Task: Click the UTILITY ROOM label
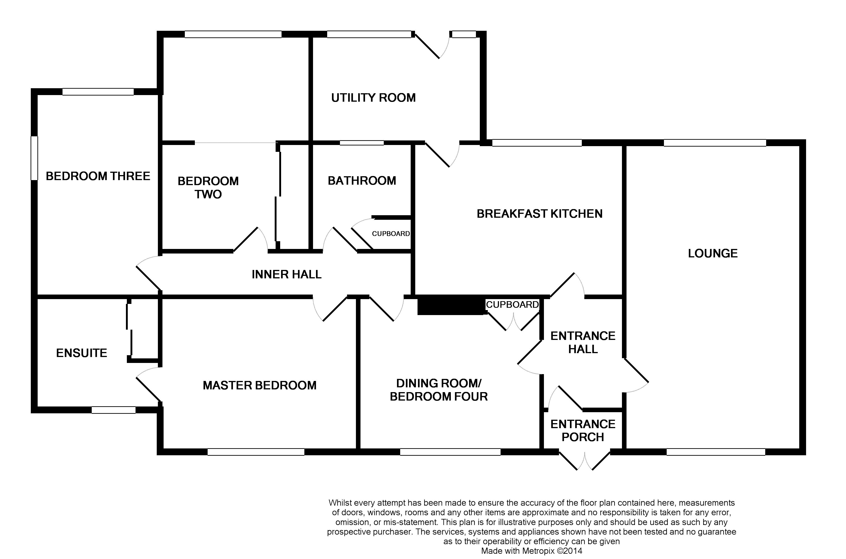point(373,98)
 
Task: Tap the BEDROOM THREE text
point(98,176)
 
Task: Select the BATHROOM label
point(362,181)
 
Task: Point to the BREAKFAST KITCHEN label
point(540,214)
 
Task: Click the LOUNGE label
point(713,254)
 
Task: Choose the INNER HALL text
point(287,274)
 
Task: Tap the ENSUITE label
point(82,353)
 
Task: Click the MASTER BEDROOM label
point(259,385)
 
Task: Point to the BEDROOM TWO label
point(208,188)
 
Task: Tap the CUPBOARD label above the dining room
point(512,305)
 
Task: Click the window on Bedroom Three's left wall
point(34,158)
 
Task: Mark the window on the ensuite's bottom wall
point(113,410)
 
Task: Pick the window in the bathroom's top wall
point(361,143)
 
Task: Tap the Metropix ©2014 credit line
point(531,551)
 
